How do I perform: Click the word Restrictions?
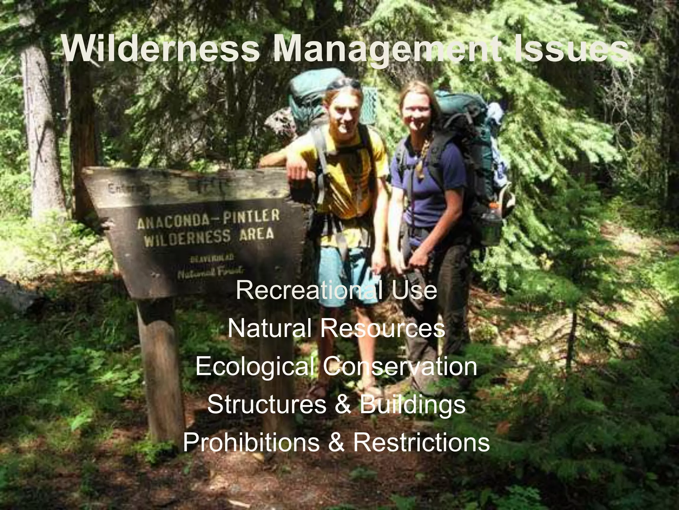click(421, 442)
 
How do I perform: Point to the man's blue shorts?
click(345, 266)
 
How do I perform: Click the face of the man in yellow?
click(345, 113)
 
